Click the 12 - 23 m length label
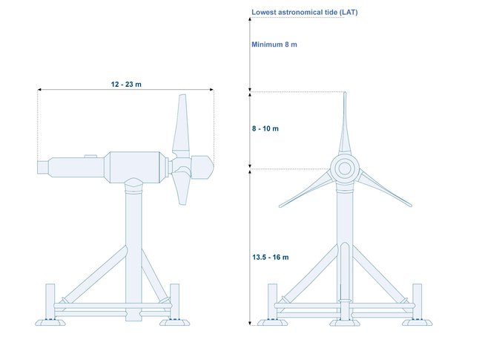126,84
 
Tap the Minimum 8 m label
274,45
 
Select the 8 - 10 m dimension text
265,128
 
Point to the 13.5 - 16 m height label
271,258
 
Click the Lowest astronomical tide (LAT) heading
305,13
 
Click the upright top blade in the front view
345,123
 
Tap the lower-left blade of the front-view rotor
306,189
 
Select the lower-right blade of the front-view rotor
384,188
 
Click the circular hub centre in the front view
345,168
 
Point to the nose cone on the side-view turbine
202,167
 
